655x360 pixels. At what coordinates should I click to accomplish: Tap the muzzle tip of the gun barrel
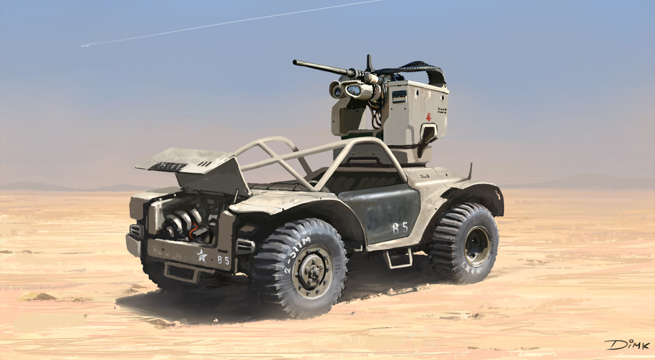[295, 63]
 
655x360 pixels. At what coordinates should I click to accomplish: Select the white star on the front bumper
[202, 256]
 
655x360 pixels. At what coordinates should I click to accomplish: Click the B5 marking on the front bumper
[223, 260]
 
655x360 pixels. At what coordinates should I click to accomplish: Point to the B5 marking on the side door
[400, 229]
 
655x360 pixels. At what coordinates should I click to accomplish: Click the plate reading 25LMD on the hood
[167, 166]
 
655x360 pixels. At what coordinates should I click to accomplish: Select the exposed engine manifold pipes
[182, 220]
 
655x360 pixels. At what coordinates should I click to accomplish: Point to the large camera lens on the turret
[353, 91]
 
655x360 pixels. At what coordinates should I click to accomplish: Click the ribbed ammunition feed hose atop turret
[419, 68]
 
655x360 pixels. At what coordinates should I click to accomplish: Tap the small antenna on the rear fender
[470, 171]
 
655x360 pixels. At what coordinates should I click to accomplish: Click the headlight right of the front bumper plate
[245, 246]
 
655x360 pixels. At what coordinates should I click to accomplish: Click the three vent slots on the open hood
[205, 164]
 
